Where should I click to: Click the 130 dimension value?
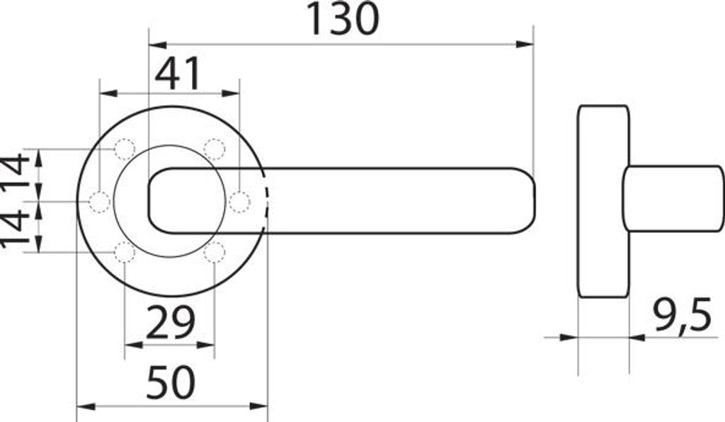pyautogui.click(x=343, y=19)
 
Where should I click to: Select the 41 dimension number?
pyautogui.click(x=178, y=74)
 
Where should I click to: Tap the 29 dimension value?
pyautogui.click(x=170, y=322)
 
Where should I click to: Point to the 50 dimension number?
pyautogui.click(x=171, y=382)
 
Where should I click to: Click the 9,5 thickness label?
pyautogui.click(x=683, y=316)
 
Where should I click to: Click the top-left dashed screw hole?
pyautogui.click(x=125, y=149)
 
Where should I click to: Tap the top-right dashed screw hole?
pyautogui.click(x=215, y=149)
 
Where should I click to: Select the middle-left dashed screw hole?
pyautogui.click(x=99, y=202)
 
